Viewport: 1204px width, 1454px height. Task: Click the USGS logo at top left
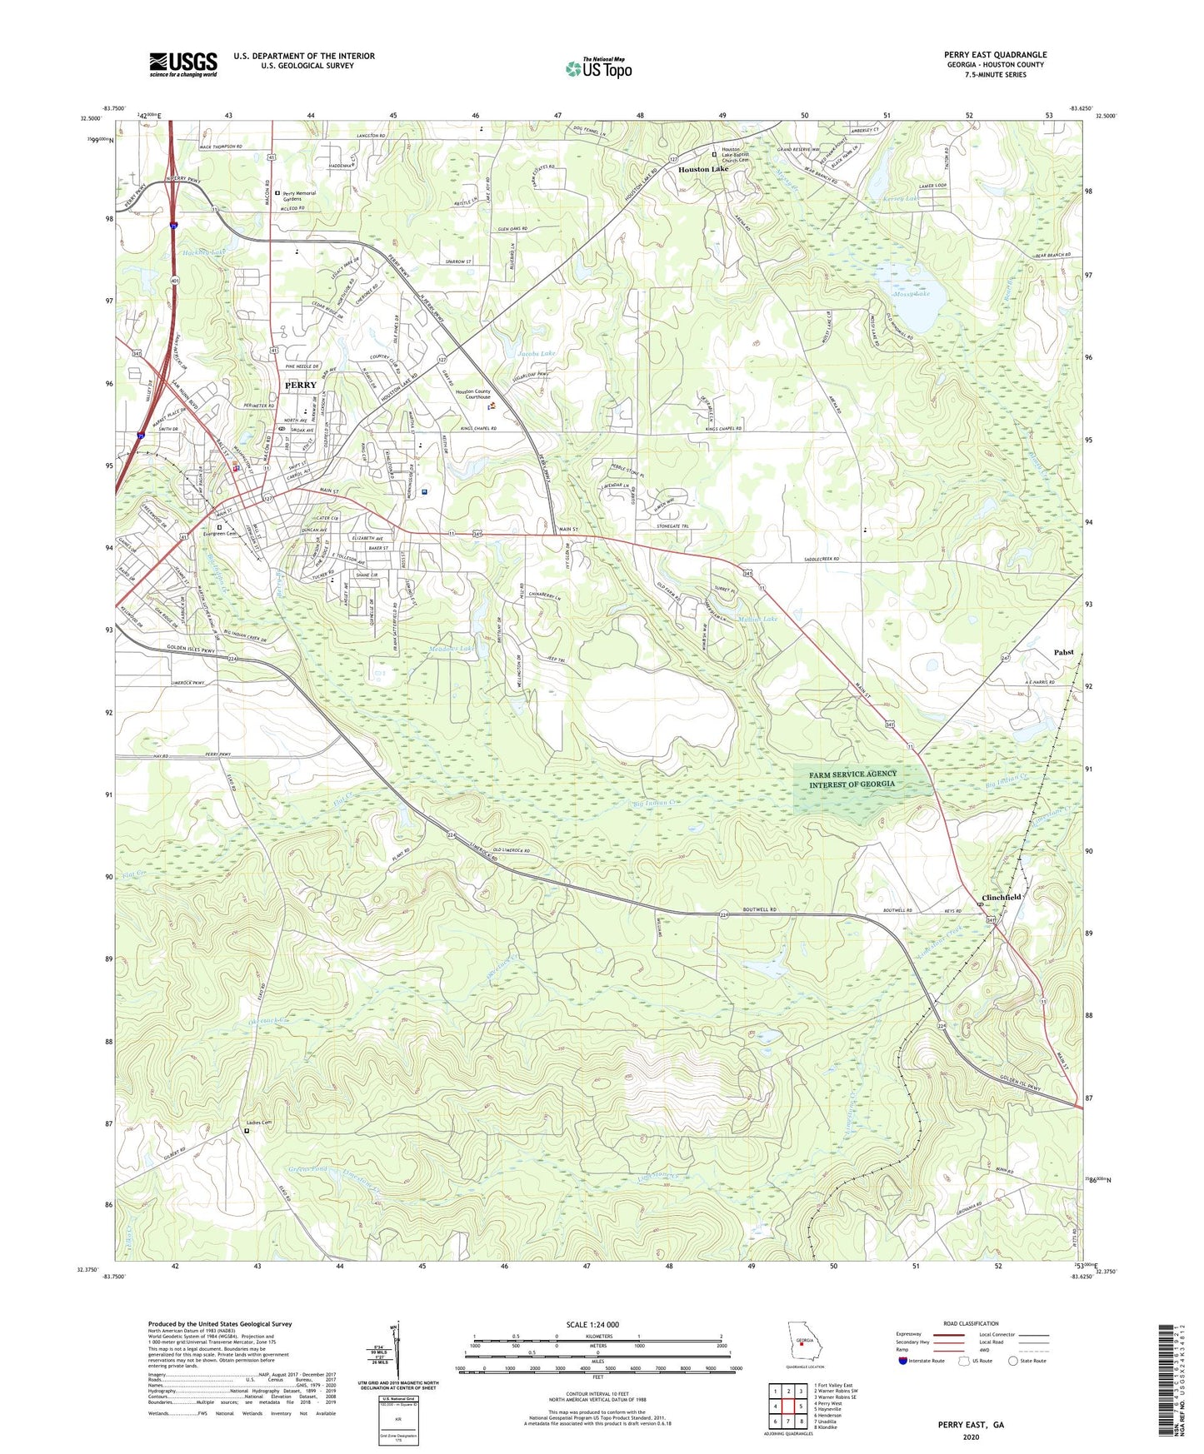click(x=183, y=64)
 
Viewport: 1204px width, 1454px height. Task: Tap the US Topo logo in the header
click(x=598, y=68)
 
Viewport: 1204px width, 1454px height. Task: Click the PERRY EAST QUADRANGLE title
click(x=995, y=54)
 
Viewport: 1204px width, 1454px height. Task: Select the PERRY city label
click(x=301, y=386)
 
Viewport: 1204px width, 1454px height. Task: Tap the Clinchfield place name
click(x=1001, y=897)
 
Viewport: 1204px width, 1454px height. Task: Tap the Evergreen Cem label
click(x=221, y=534)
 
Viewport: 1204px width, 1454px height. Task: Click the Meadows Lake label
click(x=451, y=648)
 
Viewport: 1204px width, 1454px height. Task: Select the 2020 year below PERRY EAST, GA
click(x=971, y=1437)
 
